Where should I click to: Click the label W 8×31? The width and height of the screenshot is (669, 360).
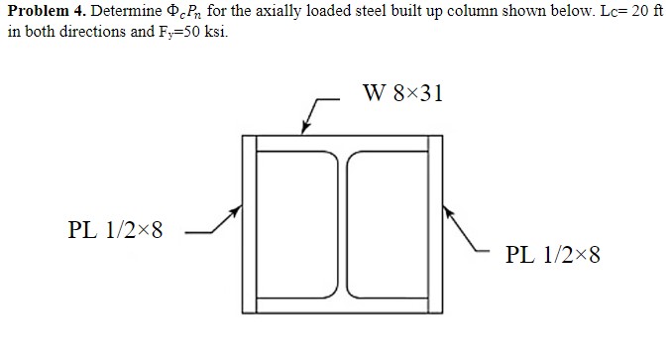[402, 94]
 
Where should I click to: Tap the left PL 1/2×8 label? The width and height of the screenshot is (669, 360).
[115, 231]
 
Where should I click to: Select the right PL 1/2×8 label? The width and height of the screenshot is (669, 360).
[552, 254]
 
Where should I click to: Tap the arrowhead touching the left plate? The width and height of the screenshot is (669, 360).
[237, 210]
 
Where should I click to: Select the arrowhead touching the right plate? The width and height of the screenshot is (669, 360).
[445, 210]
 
